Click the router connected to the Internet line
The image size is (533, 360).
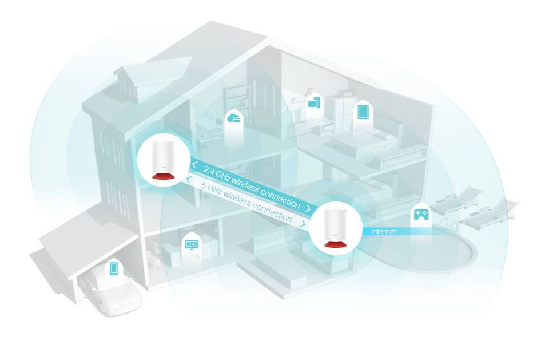point(335,229)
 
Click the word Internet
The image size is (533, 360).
point(383,231)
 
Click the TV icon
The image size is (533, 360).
point(192,244)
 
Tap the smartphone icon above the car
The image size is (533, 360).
point(114,268)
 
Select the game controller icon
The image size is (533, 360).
point(421,213)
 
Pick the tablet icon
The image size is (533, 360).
point(363,112)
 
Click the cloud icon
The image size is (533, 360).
point(234,118)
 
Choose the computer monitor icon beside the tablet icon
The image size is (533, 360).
point(314,103)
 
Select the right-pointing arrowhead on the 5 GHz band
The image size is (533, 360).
point(303,224)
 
